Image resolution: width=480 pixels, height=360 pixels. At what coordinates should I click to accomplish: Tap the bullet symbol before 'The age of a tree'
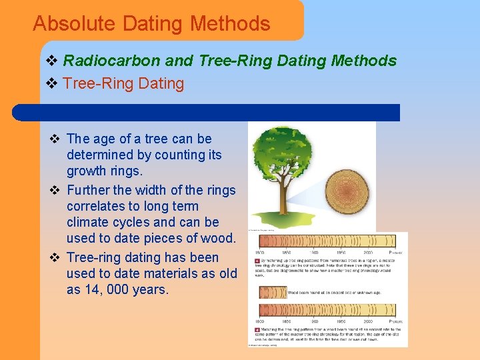coord(55,139)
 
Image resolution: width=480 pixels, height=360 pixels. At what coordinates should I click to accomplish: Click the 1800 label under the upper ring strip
coord(261,253)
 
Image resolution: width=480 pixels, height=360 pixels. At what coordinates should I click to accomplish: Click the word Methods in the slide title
coord(230,24)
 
